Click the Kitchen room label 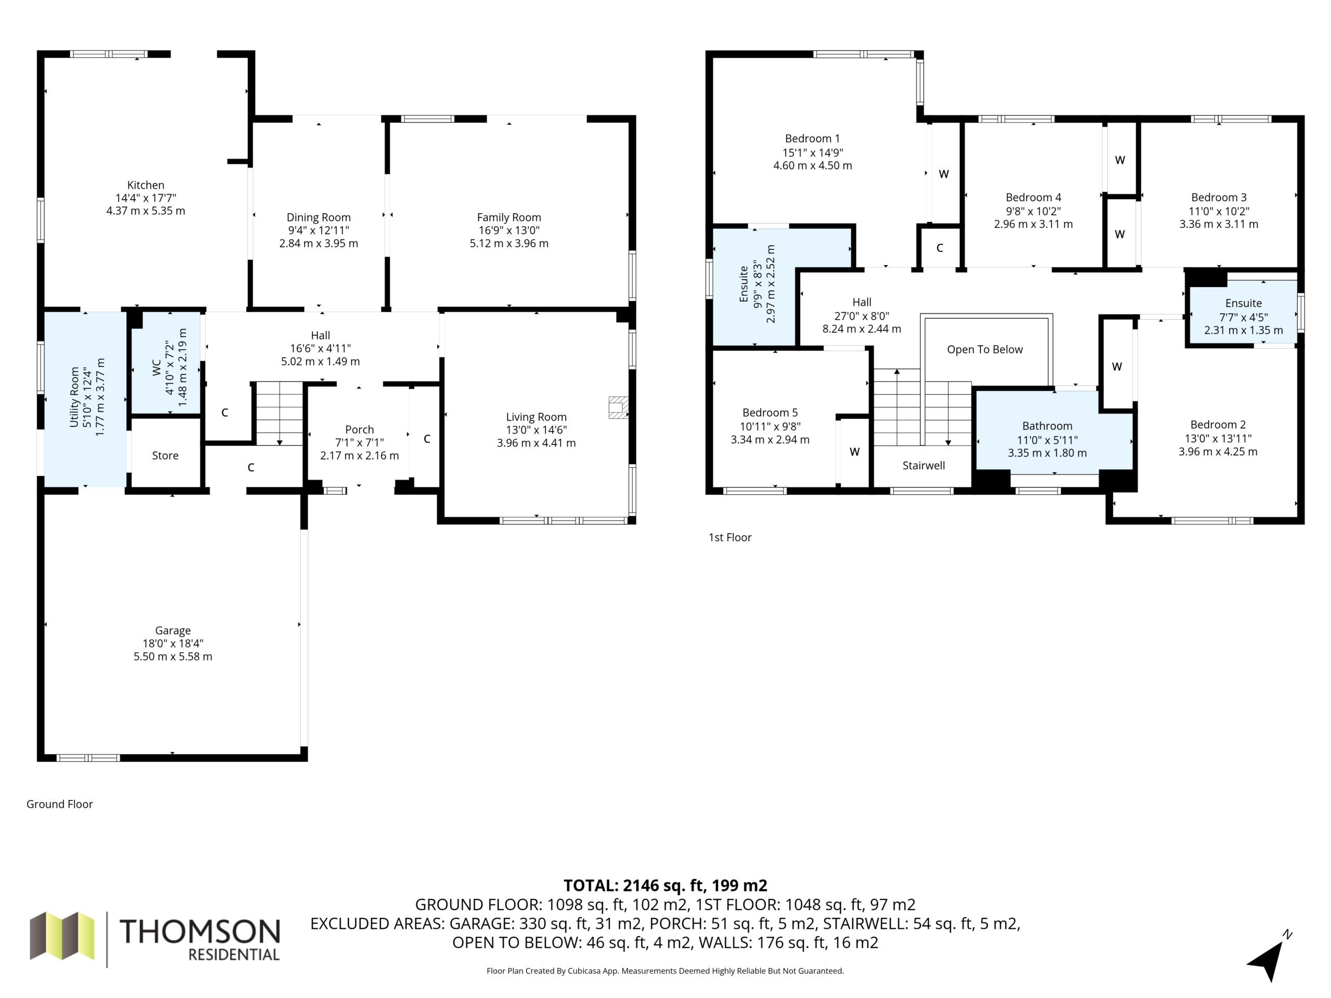146,185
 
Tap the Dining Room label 318,217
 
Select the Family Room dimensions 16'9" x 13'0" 509,230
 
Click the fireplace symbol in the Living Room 619,408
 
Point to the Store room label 165,455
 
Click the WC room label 156,367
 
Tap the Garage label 173,631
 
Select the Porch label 359,429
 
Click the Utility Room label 75,397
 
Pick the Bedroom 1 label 812,138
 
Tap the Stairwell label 923,466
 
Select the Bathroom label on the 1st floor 1047,426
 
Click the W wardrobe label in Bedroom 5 854,452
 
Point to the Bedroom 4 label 1033,198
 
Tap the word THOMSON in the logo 200,931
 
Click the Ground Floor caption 60,804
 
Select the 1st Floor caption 730,537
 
